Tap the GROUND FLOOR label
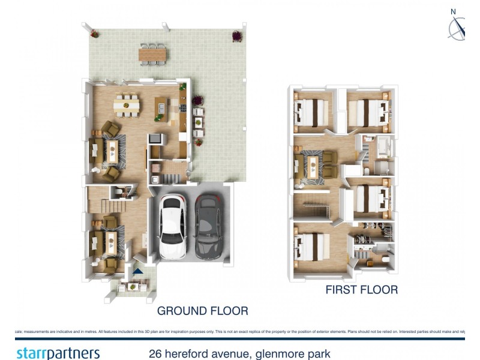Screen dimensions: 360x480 click(202, 311)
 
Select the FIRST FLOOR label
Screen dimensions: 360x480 click(361, 290)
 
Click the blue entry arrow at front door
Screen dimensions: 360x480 click(138, 271)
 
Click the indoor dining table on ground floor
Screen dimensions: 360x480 click(127, 106)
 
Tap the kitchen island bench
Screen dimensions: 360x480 click(160, 106)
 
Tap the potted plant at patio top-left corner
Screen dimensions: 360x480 click(94, 34)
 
